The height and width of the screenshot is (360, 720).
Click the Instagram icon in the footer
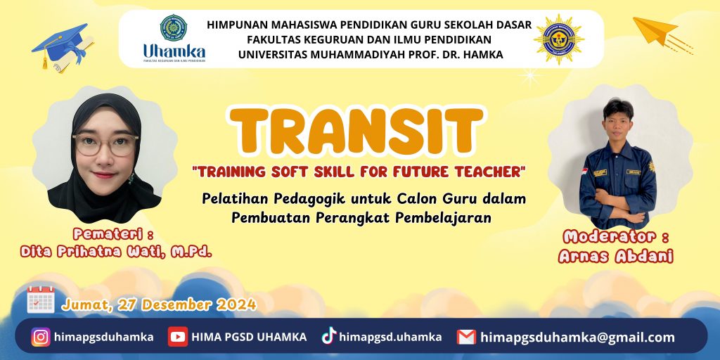coord(41,337)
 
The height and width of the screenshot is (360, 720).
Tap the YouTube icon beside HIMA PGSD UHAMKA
coord(178,337)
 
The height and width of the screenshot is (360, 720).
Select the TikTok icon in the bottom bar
coord(329,335)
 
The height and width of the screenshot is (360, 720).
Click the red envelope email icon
coord(466,337)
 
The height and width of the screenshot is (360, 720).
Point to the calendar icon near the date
coord(41,300)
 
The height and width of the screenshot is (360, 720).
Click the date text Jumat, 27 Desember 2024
coord(159,304)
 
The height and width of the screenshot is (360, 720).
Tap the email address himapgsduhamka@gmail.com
coord(578,337)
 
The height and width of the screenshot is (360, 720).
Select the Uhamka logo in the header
coord(174,39)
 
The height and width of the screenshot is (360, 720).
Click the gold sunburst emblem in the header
coord(559,39)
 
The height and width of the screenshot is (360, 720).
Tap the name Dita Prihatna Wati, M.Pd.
coord(116,252)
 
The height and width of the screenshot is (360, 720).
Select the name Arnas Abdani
coord(616,256)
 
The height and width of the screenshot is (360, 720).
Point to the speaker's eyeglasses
coord(105,144)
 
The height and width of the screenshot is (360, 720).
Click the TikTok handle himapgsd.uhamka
coord(390,337)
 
